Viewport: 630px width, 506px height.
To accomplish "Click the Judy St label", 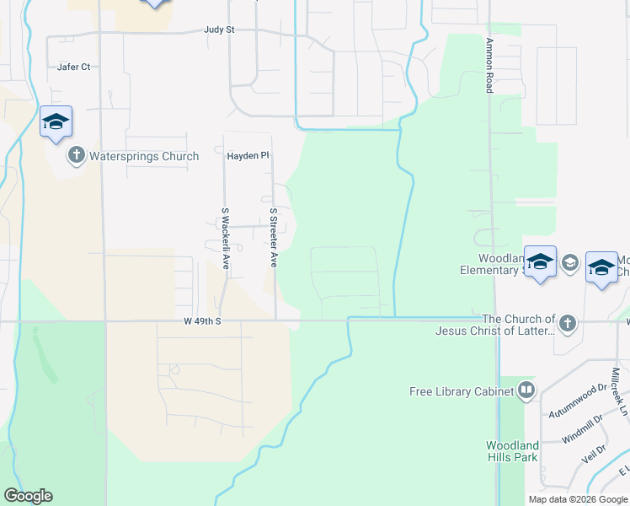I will pos(218,30).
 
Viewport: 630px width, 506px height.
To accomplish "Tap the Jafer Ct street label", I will pos(73,67).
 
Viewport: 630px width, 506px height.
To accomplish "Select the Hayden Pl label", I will pos(247,156).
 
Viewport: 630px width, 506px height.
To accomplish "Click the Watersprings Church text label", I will pos(144,156).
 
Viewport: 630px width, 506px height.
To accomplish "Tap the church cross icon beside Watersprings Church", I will pos(77,155).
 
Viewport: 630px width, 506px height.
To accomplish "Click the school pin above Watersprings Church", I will pos(56,122).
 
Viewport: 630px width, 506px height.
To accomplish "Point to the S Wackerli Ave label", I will pos(225,239).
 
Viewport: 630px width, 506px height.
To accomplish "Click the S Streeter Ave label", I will pos(274,239).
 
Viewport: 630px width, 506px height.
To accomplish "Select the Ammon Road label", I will pos(489,65).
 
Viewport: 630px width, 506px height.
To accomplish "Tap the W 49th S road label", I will pos(202,321).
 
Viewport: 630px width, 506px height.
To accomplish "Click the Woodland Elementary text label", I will pos(499,264).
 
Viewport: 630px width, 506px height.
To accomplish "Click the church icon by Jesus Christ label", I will pos(568,323).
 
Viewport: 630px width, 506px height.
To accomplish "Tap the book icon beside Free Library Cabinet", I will pos(526,390).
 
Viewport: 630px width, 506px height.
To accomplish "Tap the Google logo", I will pos(28,496).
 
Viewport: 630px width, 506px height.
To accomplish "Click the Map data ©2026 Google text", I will pos(578,499).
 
